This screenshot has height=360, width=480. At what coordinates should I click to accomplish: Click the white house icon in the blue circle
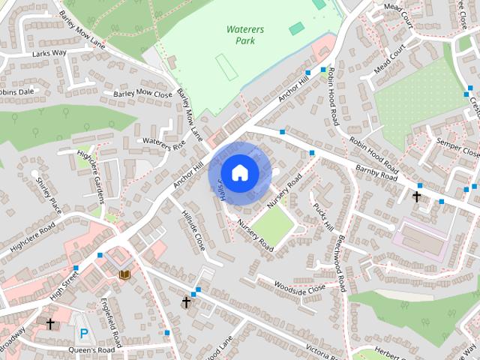pos(239,173)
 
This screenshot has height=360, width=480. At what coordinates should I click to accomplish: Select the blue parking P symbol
pos(84,332)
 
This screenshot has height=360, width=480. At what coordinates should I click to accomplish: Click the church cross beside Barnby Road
pos(417,196)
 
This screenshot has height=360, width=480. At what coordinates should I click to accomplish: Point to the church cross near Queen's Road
pos(50,324)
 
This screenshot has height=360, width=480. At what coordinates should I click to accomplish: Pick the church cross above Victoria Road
pos(186,301)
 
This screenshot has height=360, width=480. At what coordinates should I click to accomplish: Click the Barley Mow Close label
pos(143,93)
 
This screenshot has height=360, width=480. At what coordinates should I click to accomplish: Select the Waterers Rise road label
pos(163,143)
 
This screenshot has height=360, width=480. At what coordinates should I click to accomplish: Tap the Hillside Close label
pos(193,229)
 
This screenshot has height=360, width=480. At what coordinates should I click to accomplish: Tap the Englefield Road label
pos(110,323)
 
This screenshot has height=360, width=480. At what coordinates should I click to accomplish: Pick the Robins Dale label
pos(16,92)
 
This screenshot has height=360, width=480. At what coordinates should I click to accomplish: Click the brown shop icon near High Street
pos(124,274)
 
